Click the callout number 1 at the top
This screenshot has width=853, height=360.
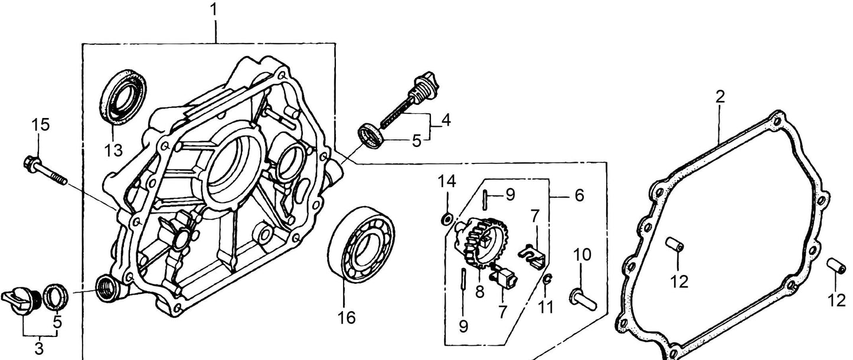pos(214,10)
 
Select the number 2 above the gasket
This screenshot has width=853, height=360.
pos(720,97)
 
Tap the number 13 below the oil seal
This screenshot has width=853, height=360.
pos(113,150)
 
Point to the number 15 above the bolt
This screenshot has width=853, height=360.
pos(40,125)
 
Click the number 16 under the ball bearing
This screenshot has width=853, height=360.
pos(347,318)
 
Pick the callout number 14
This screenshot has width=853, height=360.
pos(447,182)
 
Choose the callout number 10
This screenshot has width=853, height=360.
pos(581,256)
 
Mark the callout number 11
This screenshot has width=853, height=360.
pos(547,307)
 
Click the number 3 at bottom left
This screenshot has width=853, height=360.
pos(39,349)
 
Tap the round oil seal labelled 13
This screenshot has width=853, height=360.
pos(124,97)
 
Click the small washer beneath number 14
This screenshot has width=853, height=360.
pos(447,220)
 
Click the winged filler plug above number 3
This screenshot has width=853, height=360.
pos(20,296)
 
